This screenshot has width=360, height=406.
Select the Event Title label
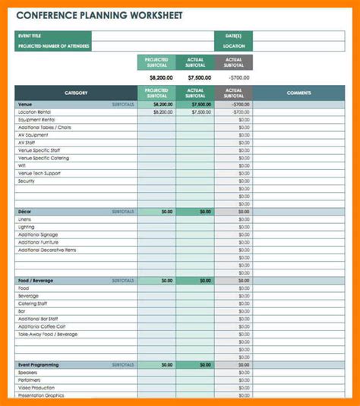pyautogui.click(x=30, y=36)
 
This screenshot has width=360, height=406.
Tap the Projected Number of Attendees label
pyautogui.click(x=53, y=46)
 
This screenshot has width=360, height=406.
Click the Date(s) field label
pyautogui.click(x=232, y=36)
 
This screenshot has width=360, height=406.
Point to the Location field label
pyautogui.click(x=234, y=46)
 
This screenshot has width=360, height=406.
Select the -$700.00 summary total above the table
pyautogui.click(x=235, y=77)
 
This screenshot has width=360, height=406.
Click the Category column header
pyautogui.click(x=76, y=93)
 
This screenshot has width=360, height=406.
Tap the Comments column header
pyautogui.click(x=298, y=93)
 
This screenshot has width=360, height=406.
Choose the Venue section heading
pyautogui.click(x=26, y=104)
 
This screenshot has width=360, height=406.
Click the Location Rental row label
pyautogui.click(x=34, y=112)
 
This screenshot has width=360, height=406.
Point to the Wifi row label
pyautogui.click(x=22, y=166)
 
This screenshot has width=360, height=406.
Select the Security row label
pyautogui.click(x=27, y=181)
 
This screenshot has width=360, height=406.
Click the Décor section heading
pyautogui.click(x=25, y=211)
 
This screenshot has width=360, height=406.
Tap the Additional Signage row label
pyautogui.click(x=37, y=234)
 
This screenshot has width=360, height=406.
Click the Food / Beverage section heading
pyautogui.click(x=36, y=280)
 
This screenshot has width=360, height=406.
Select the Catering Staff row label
pyautogui.click(x=33, y=304)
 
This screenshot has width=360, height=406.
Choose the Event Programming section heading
pyautogui.click(x=39, y=365)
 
